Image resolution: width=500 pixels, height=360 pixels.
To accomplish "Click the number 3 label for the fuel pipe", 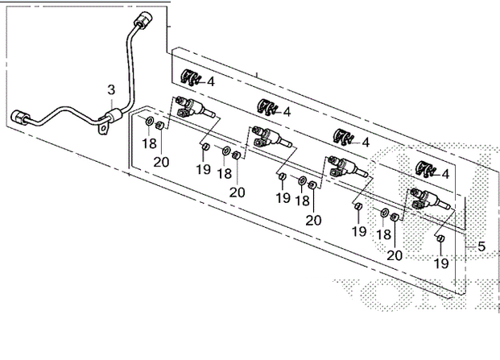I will tap(111, 89).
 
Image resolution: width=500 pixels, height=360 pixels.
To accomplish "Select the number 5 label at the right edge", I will tap(481, 246).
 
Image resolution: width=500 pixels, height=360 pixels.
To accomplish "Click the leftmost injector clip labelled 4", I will tap(190, 77).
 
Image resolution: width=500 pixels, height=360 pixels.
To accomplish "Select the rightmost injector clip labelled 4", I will tap(424, 168).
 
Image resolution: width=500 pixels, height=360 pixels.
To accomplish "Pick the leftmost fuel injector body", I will tap(192, 109).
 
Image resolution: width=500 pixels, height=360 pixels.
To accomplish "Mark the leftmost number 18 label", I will tap(150, 143).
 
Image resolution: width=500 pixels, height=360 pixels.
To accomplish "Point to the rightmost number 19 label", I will tap(440, 263).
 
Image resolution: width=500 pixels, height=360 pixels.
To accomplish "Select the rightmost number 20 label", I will tap(395, 254).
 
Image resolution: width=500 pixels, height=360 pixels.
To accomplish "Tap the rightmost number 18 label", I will tap(385, 234).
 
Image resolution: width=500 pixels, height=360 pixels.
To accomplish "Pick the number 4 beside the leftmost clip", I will tap(210, 81).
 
